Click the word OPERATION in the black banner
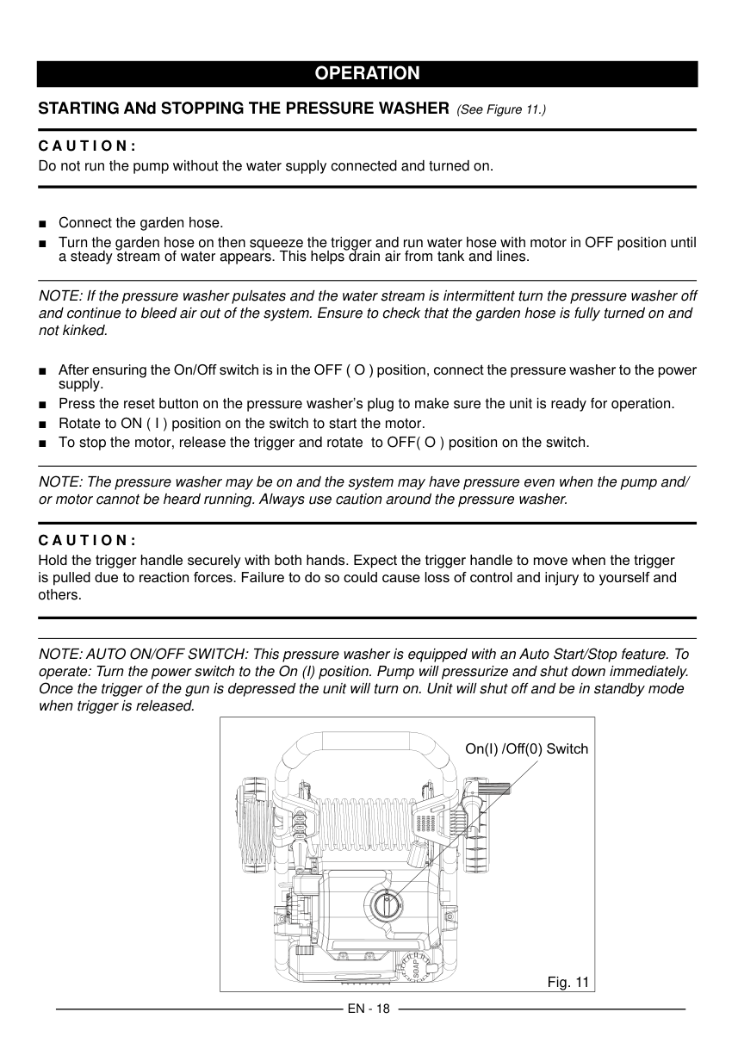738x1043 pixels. pos(367,73)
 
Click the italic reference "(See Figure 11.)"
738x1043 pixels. pos(500,110)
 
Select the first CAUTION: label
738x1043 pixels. pos(88,146)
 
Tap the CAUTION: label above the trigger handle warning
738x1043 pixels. pos(88,541)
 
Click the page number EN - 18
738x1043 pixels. pos(369,1009)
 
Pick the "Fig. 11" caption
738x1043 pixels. pos(567,982)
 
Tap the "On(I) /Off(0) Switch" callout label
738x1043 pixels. pos(526,748)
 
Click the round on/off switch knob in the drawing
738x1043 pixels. pos(387,905)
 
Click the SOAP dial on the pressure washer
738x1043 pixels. pos(416,966)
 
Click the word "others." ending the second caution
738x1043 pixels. pos(60,595)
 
